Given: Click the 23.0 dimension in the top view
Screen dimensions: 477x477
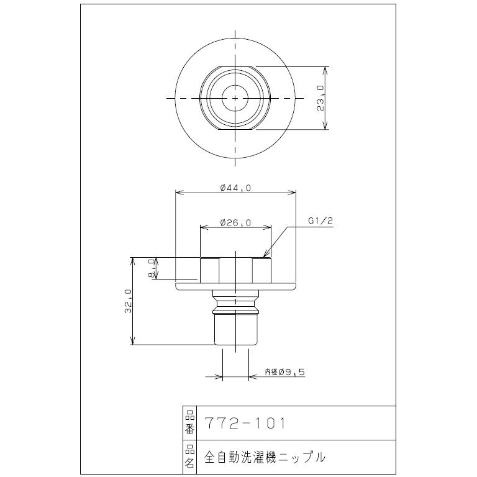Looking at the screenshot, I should pyautogui.click(x=320, y=98).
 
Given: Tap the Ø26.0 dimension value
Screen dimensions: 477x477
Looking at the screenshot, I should pyautogui.click(x=235, y=222).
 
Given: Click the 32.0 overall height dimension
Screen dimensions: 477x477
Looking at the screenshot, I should pyautogui.click(x=128, y=301).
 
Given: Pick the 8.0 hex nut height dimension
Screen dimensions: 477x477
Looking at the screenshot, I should pyautogui.click(x=151, y=268).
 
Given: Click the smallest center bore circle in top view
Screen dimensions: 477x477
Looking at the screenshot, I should pyautogui.click(x=235, y=98).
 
